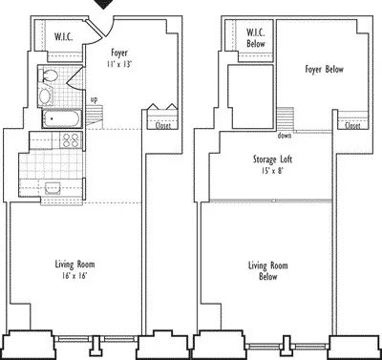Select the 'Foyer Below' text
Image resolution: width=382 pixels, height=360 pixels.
pyautogui.click(x=324, y=70)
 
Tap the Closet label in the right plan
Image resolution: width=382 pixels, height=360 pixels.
pyautogui.click(x=352, y=125)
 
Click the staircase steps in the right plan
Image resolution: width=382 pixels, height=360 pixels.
pyautogui.click(x=285, y=119)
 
